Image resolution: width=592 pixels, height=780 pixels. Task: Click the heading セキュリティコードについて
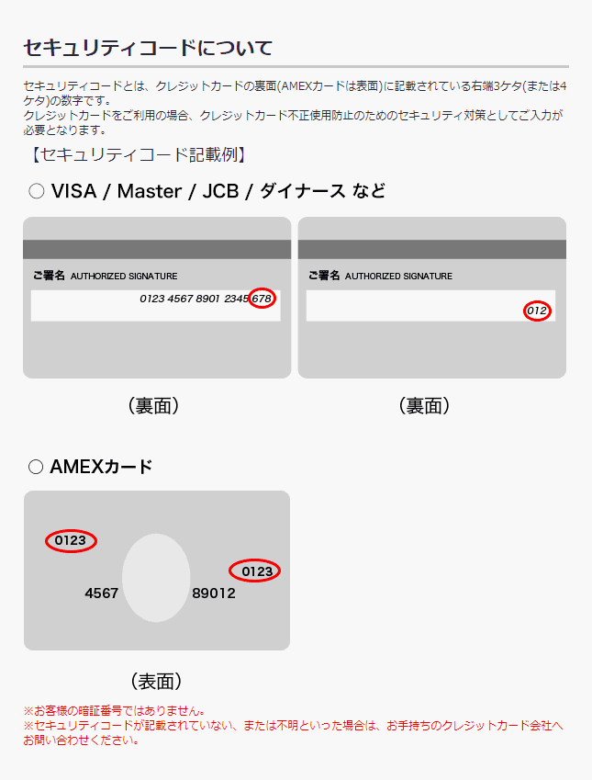click(147, 48)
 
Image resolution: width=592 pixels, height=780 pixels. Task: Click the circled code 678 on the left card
click(262, 299)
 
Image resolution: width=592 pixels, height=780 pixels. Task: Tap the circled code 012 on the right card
click(538, 311)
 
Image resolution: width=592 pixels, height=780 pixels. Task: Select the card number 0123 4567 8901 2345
click(194, 299)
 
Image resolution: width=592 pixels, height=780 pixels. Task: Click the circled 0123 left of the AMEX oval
click(71, 541)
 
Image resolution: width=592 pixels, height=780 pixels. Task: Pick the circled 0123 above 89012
click(255, 571)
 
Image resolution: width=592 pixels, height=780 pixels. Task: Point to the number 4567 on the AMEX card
click(102, 593)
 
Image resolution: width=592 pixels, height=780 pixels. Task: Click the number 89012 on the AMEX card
click(214, 593)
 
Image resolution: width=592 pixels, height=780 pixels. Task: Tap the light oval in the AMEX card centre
click(156, 578)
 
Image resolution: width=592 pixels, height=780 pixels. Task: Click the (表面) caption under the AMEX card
click(156, 682)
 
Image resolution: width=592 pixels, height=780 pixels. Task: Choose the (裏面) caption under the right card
click(424, 406)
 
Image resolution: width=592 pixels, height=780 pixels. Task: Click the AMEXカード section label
click(101, 467)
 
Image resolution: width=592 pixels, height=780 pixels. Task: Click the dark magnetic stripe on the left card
click(156, 249)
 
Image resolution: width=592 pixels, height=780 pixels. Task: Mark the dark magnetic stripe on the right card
click(431, 249)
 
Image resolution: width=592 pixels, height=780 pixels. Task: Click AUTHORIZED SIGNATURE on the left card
click(124, 277)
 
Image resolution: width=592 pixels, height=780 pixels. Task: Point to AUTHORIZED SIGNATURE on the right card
click(398, 277)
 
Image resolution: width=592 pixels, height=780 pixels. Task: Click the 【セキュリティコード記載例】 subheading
click(138, 154)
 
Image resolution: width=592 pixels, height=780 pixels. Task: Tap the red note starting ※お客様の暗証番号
click(114, 711)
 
